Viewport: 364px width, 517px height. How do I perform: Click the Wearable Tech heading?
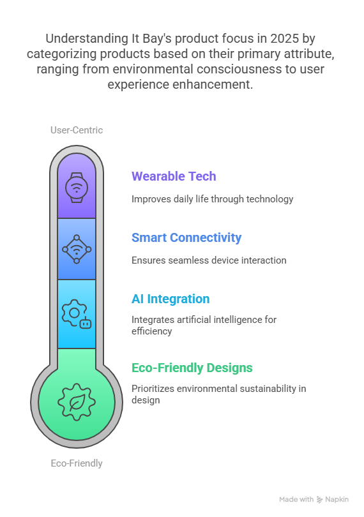click(174, 176)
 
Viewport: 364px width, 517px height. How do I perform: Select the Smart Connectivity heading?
click(186, 237)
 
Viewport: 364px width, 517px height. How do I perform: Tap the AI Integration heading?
click(171, 299)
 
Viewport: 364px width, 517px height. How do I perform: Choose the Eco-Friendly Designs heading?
click(192, 368)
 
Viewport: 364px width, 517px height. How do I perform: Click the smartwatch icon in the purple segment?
click(77, 187)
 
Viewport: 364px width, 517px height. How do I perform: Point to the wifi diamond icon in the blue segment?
click(77, 249)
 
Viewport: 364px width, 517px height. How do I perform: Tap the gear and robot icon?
click(77, 313)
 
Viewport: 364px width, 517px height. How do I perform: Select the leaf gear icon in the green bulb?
click(77, 402)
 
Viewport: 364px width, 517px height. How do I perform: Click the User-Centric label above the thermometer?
click(77, 130)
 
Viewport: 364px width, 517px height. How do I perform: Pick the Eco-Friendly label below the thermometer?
click(77, 463)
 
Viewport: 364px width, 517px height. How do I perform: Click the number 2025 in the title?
click(284, 38)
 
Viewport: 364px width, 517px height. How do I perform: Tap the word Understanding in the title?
click(87, 39)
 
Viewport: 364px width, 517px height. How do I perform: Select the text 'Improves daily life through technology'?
click(213, 199)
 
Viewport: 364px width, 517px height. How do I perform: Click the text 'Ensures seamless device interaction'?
click(209, 260)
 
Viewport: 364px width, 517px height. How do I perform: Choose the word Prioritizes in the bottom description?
click(153, 389)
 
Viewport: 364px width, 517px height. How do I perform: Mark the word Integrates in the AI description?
click(153, 320)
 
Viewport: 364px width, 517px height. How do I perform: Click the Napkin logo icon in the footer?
click(319, 500)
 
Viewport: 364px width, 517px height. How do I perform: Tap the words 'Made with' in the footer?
click(296, 500)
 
